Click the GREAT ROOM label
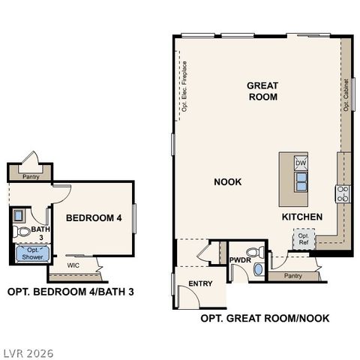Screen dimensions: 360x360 click(262, 91)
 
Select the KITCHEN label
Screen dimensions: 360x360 click(301, 217)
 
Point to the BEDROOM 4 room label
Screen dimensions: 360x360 click(93, 218)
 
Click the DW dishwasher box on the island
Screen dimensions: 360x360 click(300, 163)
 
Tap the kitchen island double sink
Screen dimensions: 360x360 click(300, 181)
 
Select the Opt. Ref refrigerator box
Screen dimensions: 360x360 click(304, 240)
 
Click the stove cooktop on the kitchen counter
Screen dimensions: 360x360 click(342, 193)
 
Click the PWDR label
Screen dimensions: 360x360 click(240, 260)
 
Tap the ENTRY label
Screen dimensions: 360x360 click(200, 283)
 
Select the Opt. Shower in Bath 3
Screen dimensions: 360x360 click(31, 253)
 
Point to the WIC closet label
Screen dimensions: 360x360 click(73, 265)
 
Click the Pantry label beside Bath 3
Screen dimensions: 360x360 click(31, 177)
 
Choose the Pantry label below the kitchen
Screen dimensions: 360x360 click(292, 276)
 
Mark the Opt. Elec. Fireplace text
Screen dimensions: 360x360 click(184, 88)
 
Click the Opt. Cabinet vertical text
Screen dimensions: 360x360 click(346, 94)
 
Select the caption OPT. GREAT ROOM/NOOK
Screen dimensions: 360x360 click(265, 318)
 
